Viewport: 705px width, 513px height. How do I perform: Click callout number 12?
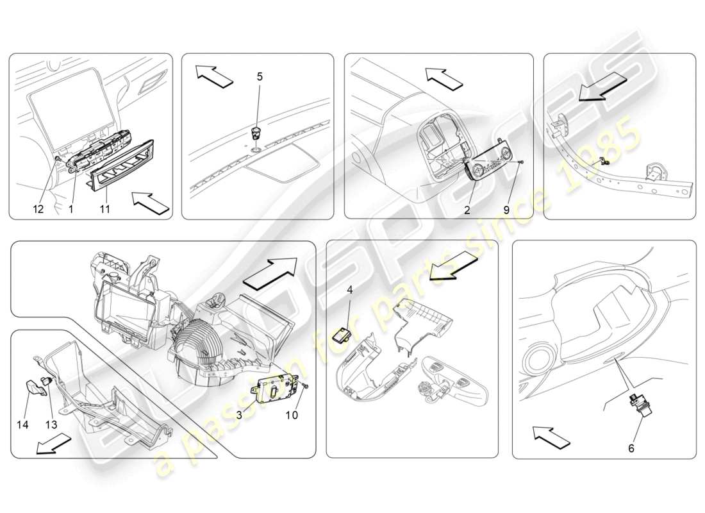[x=38, y=209]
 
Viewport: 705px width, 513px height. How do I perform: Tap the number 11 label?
[x=105, y=209]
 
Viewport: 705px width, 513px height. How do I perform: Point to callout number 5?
[x=260, y=76]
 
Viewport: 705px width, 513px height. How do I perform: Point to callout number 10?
[x=292, y=416]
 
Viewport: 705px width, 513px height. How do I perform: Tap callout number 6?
[x=631, y=448]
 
